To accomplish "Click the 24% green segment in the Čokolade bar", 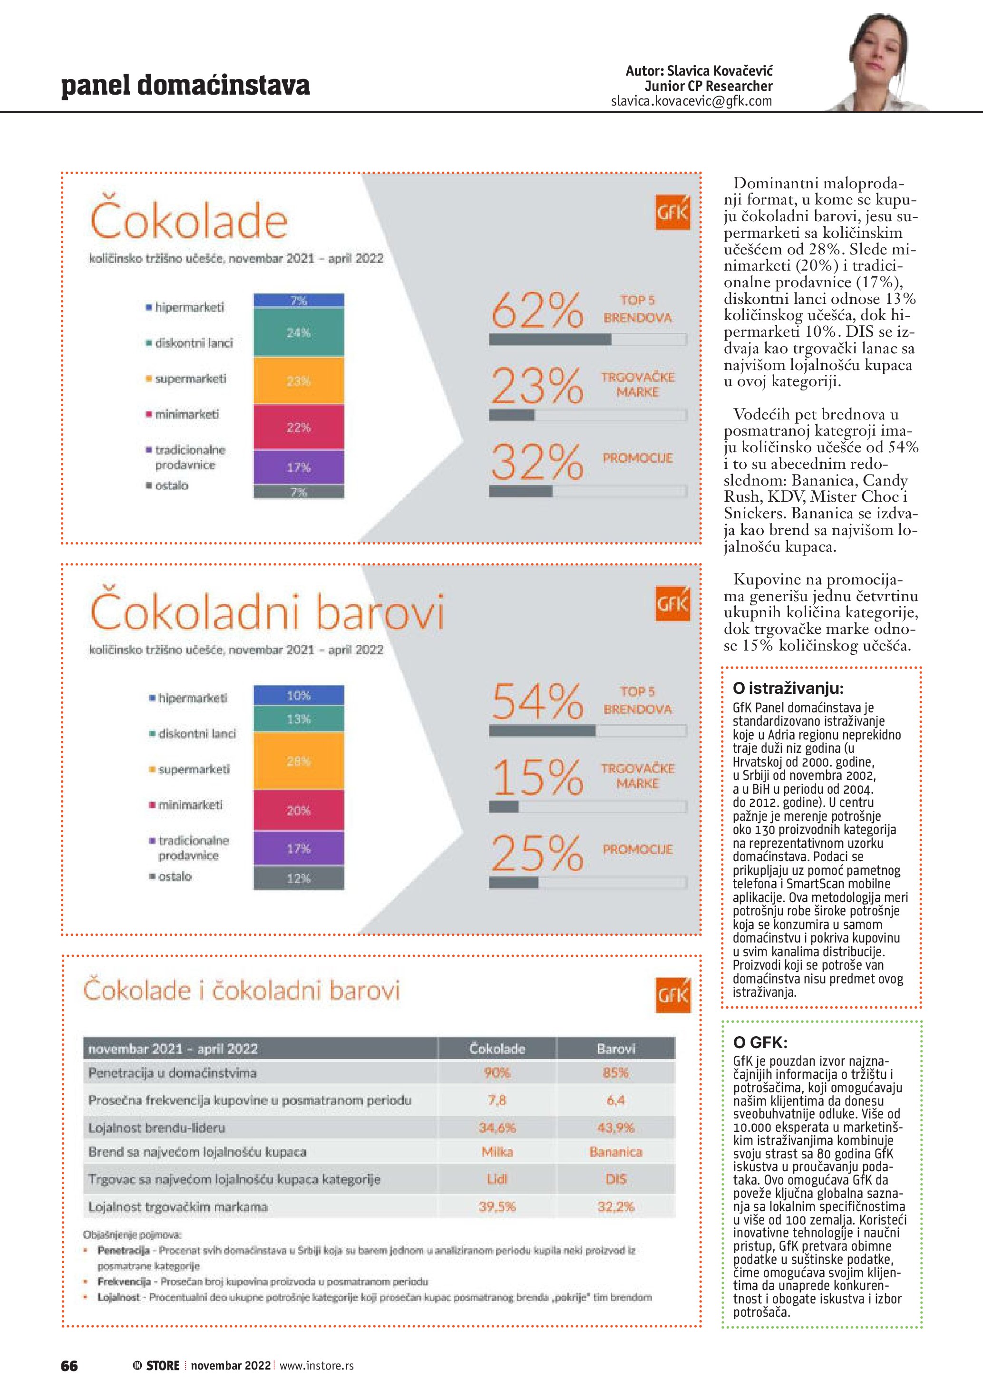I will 298,332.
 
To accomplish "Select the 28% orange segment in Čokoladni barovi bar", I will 298,761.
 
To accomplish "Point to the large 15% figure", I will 536,778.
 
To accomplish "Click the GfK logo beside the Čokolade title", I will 672,213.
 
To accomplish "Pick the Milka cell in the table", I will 497,1151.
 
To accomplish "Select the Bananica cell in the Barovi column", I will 615,1151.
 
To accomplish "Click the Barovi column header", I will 615,1049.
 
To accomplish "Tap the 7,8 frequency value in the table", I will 497,1100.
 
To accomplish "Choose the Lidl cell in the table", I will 497,1179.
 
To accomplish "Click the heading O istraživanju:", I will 788,688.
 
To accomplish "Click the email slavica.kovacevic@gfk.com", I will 691,101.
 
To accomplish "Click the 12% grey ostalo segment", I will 298,878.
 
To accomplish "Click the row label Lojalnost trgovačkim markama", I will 177,1206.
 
